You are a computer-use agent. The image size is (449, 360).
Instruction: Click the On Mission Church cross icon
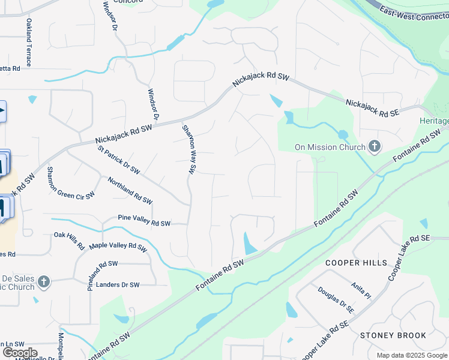coord(375,147)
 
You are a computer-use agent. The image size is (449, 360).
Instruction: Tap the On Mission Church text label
coord(330,147)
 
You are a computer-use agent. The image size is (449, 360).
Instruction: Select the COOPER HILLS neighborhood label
coord(357,263)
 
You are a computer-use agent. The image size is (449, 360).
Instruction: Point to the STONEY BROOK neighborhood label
coord(393,335)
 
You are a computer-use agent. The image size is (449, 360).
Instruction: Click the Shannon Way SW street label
coord(189,149)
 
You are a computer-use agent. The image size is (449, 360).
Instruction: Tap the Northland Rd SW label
coord(130,189)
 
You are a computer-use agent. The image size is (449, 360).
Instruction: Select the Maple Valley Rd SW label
coord(118,247)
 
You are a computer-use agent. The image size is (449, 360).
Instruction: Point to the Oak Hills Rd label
coord(69,241)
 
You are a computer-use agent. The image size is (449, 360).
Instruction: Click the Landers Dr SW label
coord(118,285)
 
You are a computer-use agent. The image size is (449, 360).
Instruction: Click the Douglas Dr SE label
coord(336,299)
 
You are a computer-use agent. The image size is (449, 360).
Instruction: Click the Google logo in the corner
coord(20,353)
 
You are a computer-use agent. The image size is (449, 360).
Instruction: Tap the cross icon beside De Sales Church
coord(43,281)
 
